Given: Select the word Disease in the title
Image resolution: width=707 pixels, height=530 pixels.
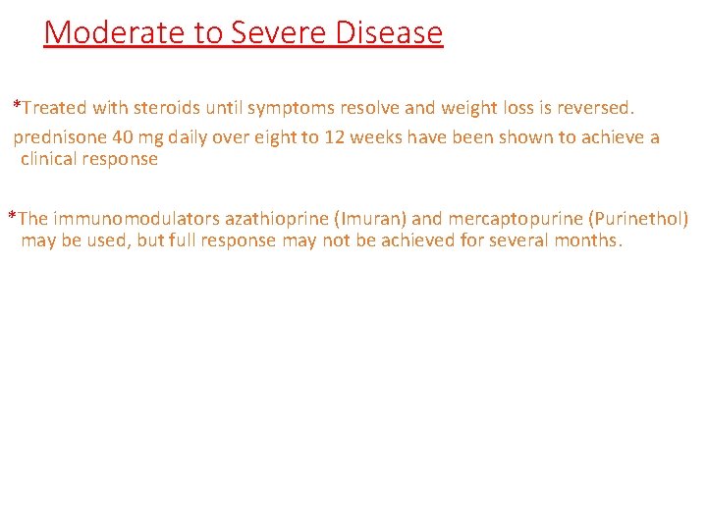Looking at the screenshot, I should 389,32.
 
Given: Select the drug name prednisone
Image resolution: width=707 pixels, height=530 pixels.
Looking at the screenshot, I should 57,137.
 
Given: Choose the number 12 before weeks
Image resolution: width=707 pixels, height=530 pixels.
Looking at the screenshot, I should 335,137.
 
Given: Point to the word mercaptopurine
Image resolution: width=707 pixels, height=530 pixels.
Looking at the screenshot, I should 515,219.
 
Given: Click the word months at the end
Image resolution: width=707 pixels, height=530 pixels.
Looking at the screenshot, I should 587,240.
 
